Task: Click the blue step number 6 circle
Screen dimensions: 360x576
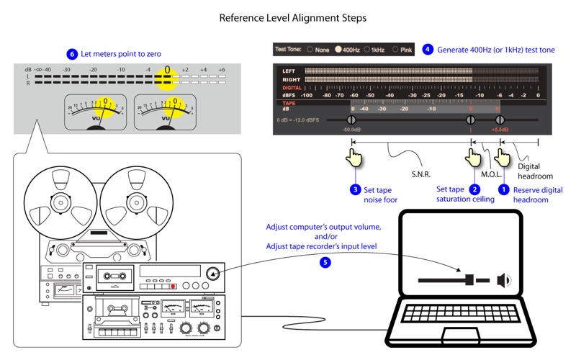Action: point(71,54)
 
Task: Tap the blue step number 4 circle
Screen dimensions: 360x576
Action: point(428,50)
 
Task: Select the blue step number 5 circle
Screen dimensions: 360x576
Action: point(325,263)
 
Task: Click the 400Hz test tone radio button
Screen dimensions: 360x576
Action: point(338,50)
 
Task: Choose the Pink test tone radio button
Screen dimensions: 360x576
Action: point(395,50)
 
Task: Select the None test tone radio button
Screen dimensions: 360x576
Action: point(310,50)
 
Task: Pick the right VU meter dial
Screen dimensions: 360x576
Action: point(165,112)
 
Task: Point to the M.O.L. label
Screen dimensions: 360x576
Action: point(491,175)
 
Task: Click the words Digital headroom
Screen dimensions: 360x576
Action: point(535,171)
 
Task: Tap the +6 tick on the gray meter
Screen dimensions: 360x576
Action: point(222,70)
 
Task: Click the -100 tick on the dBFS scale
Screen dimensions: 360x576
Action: point(306,95)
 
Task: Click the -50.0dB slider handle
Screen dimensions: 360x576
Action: point(352,120)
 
